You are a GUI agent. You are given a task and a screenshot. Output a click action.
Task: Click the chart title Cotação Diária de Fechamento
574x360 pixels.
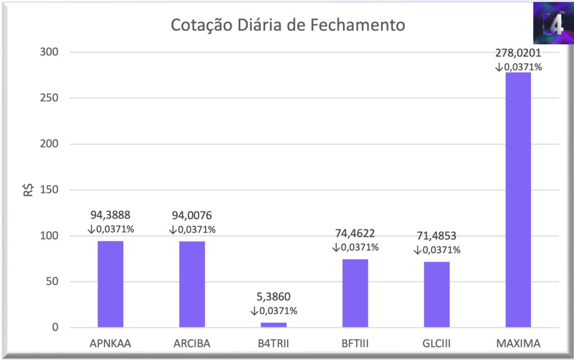point(287,25)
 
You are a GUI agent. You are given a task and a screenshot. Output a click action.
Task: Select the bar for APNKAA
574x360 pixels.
point(110,284)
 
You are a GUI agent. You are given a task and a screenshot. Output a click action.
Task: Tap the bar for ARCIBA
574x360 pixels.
point(192,284)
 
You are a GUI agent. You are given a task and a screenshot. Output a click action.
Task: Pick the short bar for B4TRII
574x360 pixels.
point(274,325)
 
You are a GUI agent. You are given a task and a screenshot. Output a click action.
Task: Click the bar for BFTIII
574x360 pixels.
point(355,293)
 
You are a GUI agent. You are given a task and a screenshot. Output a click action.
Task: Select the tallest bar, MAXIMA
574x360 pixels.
point(518,200)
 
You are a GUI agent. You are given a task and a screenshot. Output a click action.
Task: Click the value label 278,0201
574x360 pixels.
point(518,53)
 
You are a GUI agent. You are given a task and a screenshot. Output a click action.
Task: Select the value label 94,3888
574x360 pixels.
point(110,215)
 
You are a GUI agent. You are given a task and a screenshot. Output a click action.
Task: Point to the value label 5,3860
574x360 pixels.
point(274,297)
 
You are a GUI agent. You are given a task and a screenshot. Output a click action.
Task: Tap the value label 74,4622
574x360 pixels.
point(355,233)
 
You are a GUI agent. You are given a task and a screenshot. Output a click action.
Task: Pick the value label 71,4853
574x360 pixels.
point(437,236)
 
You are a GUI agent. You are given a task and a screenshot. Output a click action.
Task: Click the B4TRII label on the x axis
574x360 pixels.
point(274,343)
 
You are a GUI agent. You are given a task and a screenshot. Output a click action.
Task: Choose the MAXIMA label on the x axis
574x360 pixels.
point(518,343)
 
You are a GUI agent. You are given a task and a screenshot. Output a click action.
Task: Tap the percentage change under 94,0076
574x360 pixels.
point(192,229)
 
